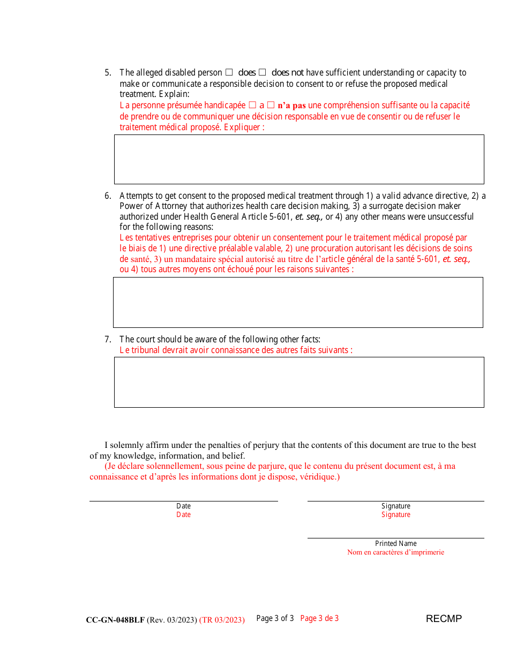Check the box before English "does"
click(229, 72)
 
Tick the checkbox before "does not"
click(263, 72)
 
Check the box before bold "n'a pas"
click(271, 106)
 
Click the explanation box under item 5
click(299, 159)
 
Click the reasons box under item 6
click(298, 302)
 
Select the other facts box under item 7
click(299, 382)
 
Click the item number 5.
click(108, 73)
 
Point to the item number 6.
click(108, 196)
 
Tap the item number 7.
click(108, 339)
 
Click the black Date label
click(183, 506)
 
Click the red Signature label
click(396, 515)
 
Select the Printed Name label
click(396, 543)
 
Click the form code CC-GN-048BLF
click(115, 620)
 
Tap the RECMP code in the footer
click(444, 619)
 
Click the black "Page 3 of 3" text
click(275, 618)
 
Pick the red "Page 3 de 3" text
click(319, 618)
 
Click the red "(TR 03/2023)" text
click(222, 620)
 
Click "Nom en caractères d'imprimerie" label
click(395, 552)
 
